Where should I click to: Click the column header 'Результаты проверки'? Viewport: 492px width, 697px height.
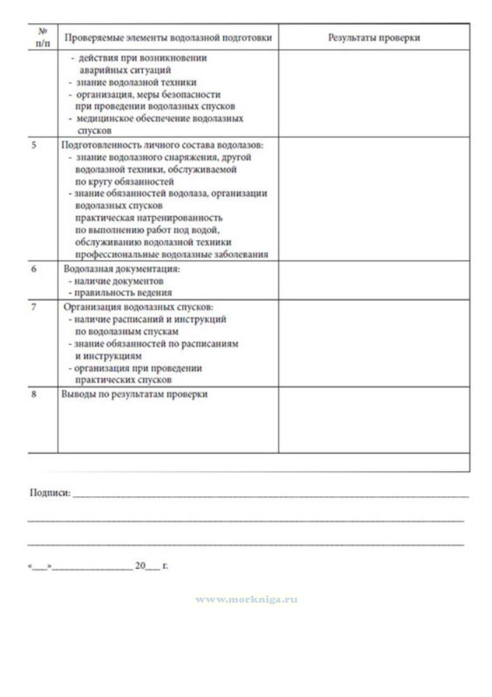coord(374,38)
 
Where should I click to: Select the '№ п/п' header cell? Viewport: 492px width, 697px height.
coord(42,38)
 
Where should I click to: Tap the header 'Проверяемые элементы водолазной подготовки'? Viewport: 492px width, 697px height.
coord(168,38)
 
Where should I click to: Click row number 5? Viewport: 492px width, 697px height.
coord(34,145)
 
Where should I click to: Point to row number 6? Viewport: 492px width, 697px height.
coord(34,269)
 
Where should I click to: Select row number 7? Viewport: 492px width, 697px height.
coord(34,307)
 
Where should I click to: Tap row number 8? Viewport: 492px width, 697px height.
coord(34,394)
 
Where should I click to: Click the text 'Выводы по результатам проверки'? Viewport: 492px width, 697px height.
coord(134,394)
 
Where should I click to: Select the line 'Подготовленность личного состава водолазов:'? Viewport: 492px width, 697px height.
coord(162,145)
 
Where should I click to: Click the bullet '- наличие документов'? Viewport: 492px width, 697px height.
coord(116,281)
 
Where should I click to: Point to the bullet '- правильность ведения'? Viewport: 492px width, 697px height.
coord(120,292)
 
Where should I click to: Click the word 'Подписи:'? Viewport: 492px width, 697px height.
coord(50,493)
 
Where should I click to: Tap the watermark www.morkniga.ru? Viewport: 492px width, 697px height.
coord(246,599)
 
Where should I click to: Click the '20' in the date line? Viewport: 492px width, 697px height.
coord(140,566)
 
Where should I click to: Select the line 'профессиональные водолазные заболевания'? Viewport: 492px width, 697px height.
coord(171,255)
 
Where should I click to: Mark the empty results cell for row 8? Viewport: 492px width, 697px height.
coord(374,420)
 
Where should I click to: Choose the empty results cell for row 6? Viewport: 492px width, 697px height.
coord(374,281)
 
